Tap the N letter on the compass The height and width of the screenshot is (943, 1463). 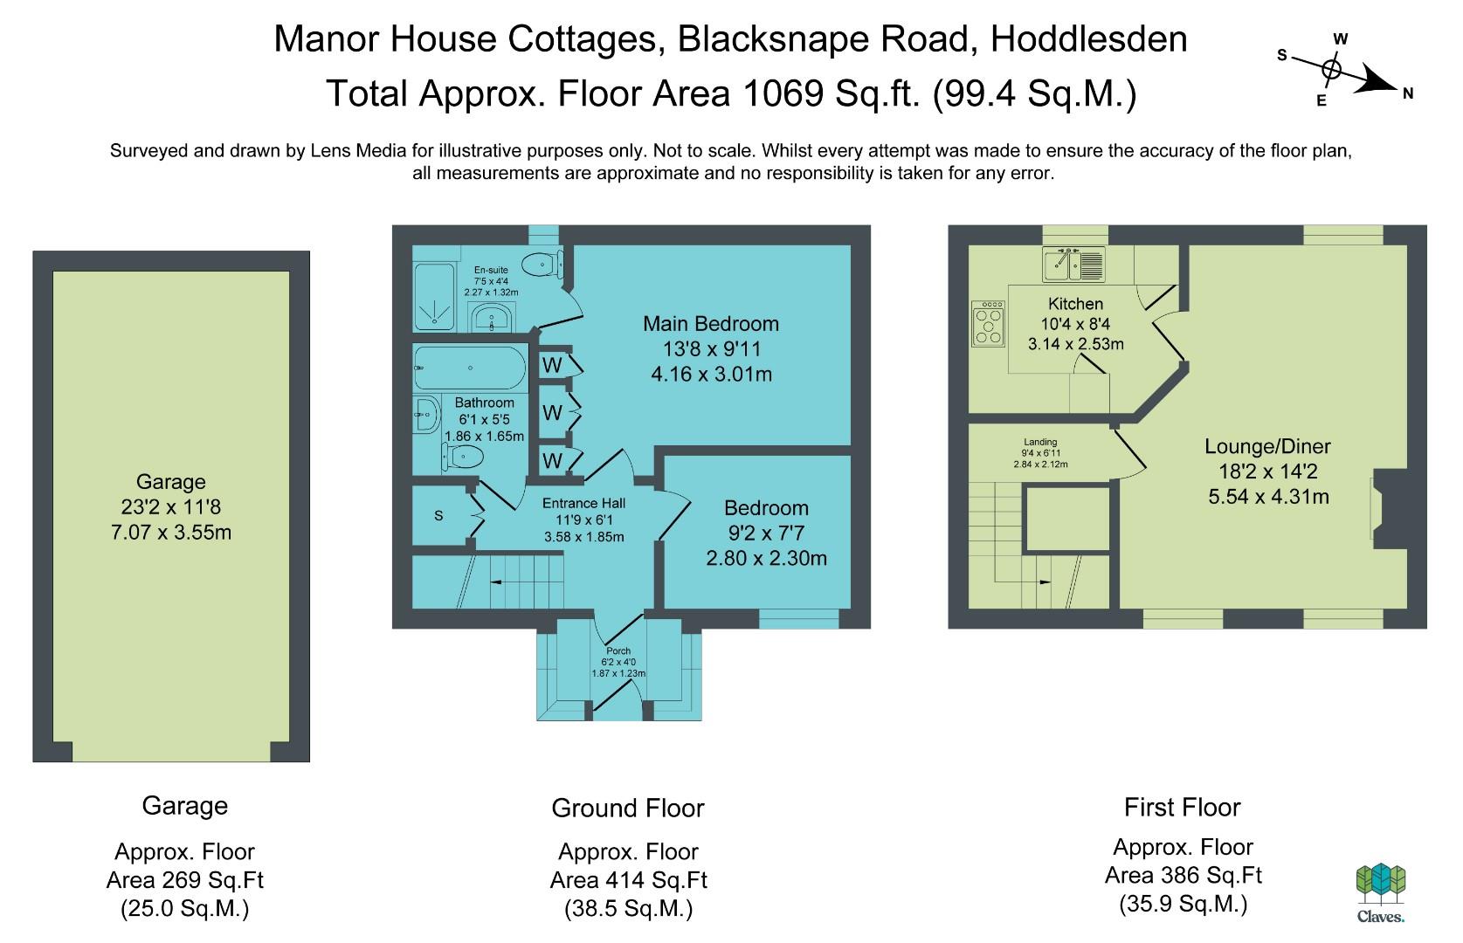click(1407, 93)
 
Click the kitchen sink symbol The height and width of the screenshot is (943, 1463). click(1073, 265)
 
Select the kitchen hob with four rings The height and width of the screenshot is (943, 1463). click(988, 323)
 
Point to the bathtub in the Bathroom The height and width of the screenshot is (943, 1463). click(470, 368)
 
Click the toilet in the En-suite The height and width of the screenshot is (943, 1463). click(543, 265)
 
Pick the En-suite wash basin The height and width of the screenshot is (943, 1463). click(492, 318)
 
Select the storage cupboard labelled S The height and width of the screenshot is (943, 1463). click(439, 516)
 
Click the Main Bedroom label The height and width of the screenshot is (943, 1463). click(711, 323)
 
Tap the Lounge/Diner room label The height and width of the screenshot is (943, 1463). click(1267, 447)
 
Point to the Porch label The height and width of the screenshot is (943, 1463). click(618, 650)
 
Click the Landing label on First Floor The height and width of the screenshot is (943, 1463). click(1039, 442)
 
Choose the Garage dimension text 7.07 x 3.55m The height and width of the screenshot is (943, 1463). click(171, 533)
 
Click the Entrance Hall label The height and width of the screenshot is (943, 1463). click(584, 503)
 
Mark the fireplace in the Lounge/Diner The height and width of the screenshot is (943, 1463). click(1388, 509)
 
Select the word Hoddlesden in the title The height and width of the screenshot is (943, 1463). click(1089, 38)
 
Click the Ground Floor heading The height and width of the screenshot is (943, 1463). click(628, 809)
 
